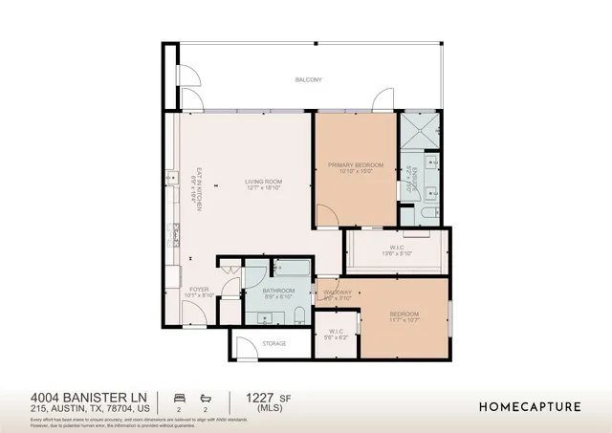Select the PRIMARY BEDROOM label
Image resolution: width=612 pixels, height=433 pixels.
tap(356, 165)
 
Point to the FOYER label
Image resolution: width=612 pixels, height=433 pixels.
tap(198, 289)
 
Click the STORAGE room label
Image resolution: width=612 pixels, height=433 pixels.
tap(274, 342)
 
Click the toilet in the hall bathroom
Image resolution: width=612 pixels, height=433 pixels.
tap(298, 315)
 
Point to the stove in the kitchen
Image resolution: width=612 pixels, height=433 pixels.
tap(175, 232)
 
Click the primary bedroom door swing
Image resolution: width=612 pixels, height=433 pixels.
tap(328, 216)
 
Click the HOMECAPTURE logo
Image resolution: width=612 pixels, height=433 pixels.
tap(529, 406)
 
